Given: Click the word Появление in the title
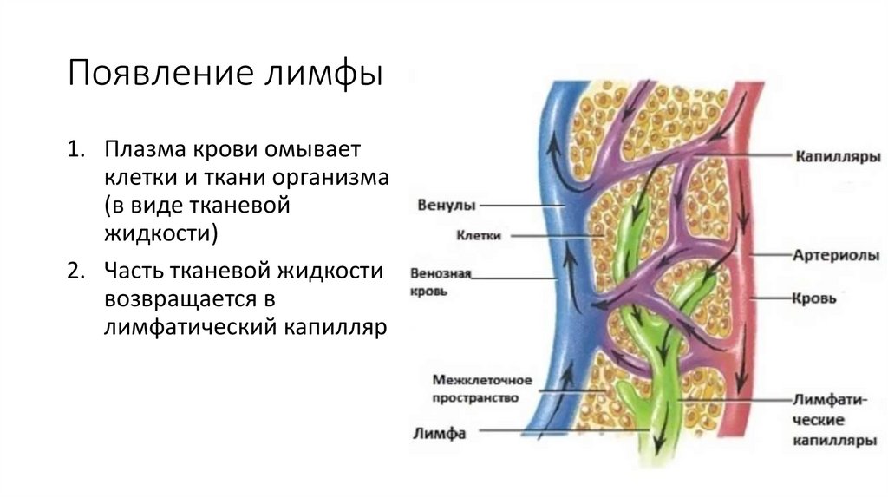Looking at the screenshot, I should pyautogui.click(x=157, y=74).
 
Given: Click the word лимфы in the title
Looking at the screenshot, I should pyautogui.click(x=326, y=74).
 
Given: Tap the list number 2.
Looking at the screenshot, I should pyautogui.click(x=75, y=272).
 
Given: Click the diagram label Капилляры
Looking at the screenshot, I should pyautogui.click(x=838, y=157).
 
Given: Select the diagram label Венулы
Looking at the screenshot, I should pyautogui.click(x=445, y=206).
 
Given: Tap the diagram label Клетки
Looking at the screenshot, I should pyautogui.click(x=479, y=234).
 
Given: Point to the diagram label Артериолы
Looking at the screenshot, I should pyautogui.click(x=837, y=256).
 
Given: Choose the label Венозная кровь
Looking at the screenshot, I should pyautogui.click(x=440, y=282).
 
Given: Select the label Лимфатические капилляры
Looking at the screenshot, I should pyautogui.click(x=833, y=421).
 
